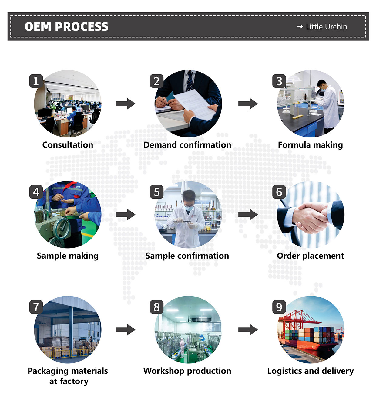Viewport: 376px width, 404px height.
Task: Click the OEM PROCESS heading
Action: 66,27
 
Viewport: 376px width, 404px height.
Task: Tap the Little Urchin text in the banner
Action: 326,27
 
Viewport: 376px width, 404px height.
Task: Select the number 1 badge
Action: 36,81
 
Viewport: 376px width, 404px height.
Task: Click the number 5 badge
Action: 157,192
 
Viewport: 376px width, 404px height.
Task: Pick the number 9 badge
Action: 279,307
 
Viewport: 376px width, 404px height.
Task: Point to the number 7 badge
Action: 36,307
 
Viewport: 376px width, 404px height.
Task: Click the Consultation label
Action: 68,145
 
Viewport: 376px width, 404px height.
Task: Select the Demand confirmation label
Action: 187,145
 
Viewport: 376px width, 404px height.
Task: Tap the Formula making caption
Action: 310,145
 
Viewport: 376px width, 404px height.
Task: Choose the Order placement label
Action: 310,256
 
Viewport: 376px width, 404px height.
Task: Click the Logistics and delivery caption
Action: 310,371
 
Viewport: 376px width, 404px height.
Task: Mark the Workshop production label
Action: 187,371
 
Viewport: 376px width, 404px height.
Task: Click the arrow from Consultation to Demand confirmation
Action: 126,104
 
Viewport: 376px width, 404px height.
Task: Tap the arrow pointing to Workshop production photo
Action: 126,330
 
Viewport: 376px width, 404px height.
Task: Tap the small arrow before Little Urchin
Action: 300,27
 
